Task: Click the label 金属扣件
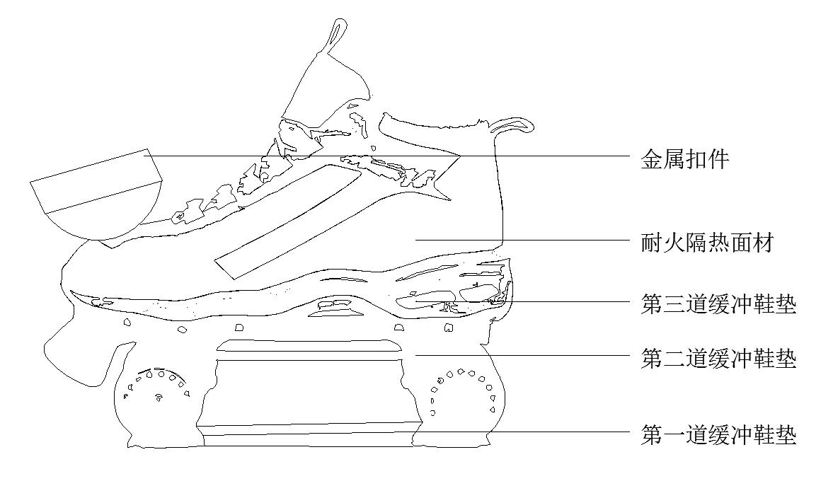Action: (684, 159)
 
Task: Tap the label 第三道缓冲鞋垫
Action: (718, 306)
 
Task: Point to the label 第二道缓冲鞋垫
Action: (718, 359)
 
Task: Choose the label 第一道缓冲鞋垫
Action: (718, 434)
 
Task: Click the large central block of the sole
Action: (308, 393)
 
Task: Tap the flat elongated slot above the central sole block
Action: (309, 345)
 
